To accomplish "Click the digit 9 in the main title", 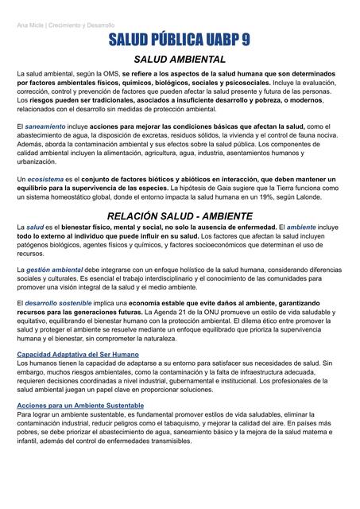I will point(242,41).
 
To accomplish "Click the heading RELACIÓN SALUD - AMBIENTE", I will point(180,216).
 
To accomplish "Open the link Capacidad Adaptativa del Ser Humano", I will point(78,353).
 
